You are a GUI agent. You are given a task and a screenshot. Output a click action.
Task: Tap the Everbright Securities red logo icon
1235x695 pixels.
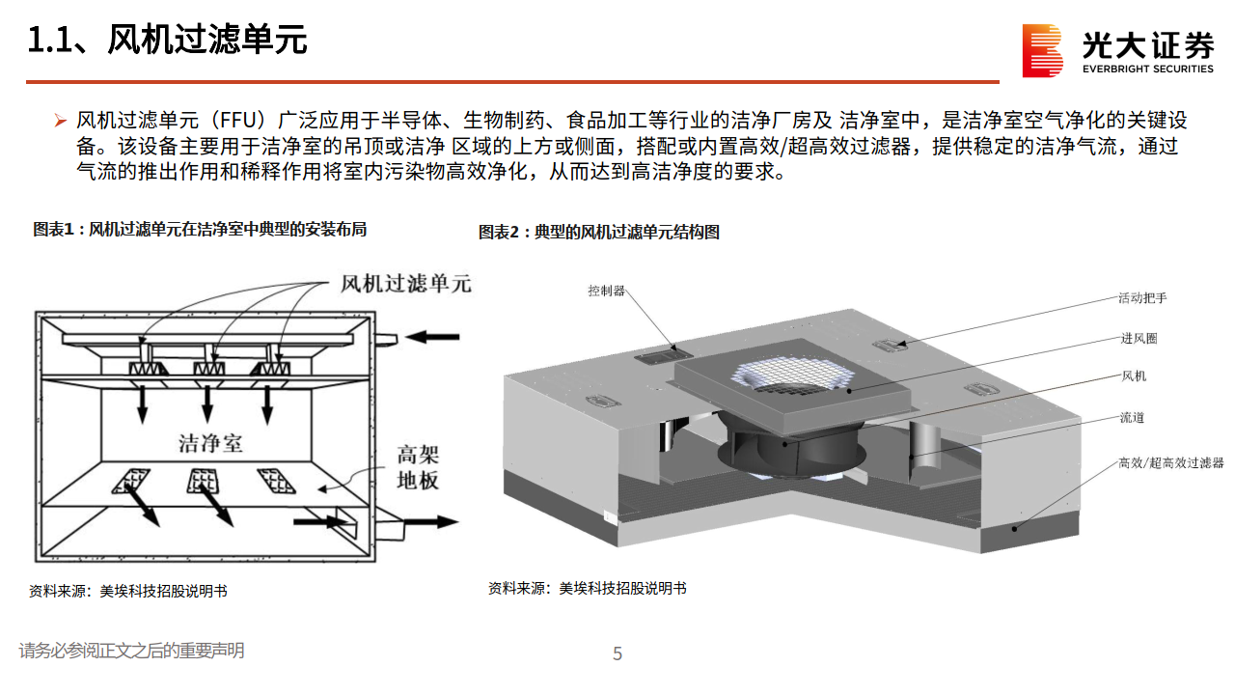(1042, 50)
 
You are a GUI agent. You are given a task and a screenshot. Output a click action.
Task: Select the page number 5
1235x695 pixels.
(617, 654)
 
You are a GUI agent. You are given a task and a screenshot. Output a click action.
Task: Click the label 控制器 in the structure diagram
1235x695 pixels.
(607, 291)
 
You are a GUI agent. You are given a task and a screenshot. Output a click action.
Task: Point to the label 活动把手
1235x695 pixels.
(1142, 298)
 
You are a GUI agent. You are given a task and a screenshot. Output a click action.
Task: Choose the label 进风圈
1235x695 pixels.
(1139, 339)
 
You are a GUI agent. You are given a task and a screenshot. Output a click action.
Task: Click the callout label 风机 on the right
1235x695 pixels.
(1133, 376)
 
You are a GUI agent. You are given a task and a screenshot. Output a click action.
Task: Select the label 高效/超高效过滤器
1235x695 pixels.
(1170, 464)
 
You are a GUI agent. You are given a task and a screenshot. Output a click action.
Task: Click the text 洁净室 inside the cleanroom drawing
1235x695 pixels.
(210, 443)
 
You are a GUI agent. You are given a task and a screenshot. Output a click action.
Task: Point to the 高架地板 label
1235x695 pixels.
(418, 467)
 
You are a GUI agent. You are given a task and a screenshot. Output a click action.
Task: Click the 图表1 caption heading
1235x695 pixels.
(200, 230)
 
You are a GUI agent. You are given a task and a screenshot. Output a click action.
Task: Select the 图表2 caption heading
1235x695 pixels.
(598, 233)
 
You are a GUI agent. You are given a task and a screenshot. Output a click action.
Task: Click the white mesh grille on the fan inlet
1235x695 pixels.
(793, 377)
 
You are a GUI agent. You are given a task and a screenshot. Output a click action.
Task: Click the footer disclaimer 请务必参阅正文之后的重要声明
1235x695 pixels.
(131, 652)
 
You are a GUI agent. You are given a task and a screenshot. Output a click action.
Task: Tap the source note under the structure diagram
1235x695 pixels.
(587, 588)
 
